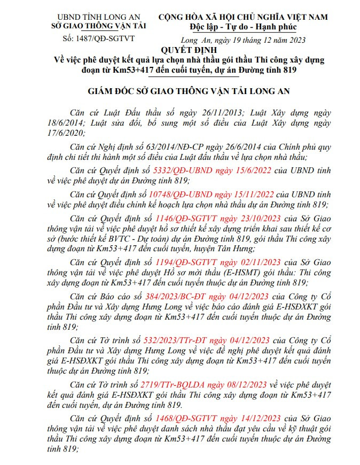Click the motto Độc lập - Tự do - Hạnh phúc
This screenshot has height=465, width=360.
[242, 27]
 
